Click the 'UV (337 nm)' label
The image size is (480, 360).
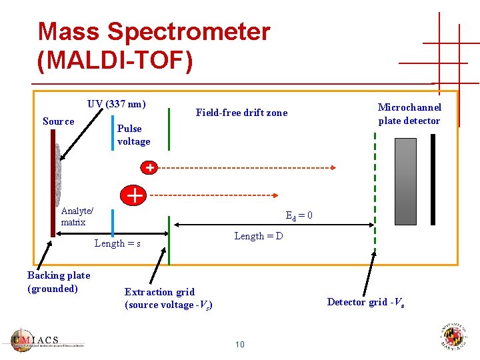[x=117, y=104]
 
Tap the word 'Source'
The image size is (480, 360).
[x=59, y=121]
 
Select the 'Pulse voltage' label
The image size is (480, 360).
[x=133, y=135]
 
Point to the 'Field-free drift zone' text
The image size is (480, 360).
[x=241, y=113]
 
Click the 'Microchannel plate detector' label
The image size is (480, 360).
[x=409, y=114]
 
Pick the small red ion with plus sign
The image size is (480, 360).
[x=151, y=168]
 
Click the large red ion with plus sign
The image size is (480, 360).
[x=134, y=195]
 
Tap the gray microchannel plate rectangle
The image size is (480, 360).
[x=405, y=181]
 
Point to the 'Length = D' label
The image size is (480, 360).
[x=259, y=236]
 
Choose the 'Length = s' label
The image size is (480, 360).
[x=117, y=243]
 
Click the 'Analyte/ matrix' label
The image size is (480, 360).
[x=77, y=217]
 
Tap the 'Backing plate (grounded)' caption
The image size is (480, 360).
[x=59, y=282]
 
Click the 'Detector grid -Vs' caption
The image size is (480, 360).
[x=366, y=302]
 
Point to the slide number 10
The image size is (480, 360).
[x=240, y=344]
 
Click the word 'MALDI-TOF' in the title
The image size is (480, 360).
[x=115, y=60]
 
